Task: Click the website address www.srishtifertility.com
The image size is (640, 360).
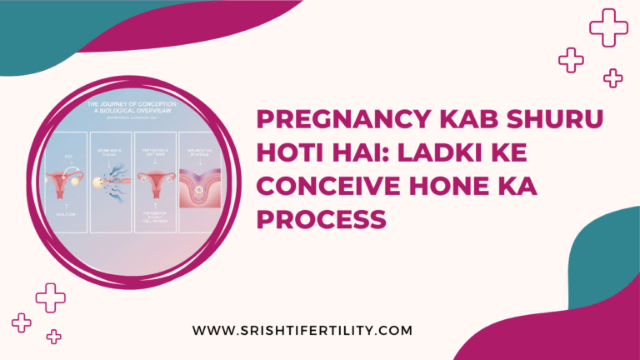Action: [302, 331]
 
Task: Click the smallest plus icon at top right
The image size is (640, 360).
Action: [613, 78]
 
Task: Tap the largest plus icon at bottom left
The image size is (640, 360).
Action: [50, 297]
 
